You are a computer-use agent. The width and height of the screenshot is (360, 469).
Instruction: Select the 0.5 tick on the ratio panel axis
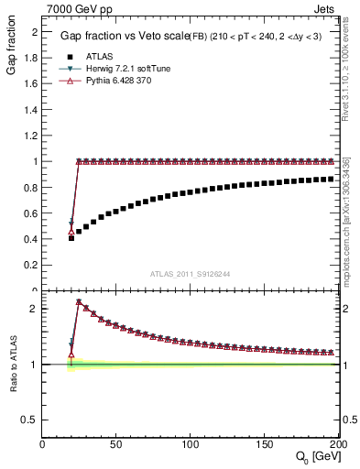click(x=32, y=420)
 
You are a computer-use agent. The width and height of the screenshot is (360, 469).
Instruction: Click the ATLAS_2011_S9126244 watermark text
click(x=190, y=273)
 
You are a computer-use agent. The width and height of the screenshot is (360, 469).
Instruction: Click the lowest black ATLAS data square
click(x=71, y=237)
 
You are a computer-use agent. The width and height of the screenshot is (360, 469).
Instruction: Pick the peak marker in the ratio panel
click(x=79, y=301)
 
